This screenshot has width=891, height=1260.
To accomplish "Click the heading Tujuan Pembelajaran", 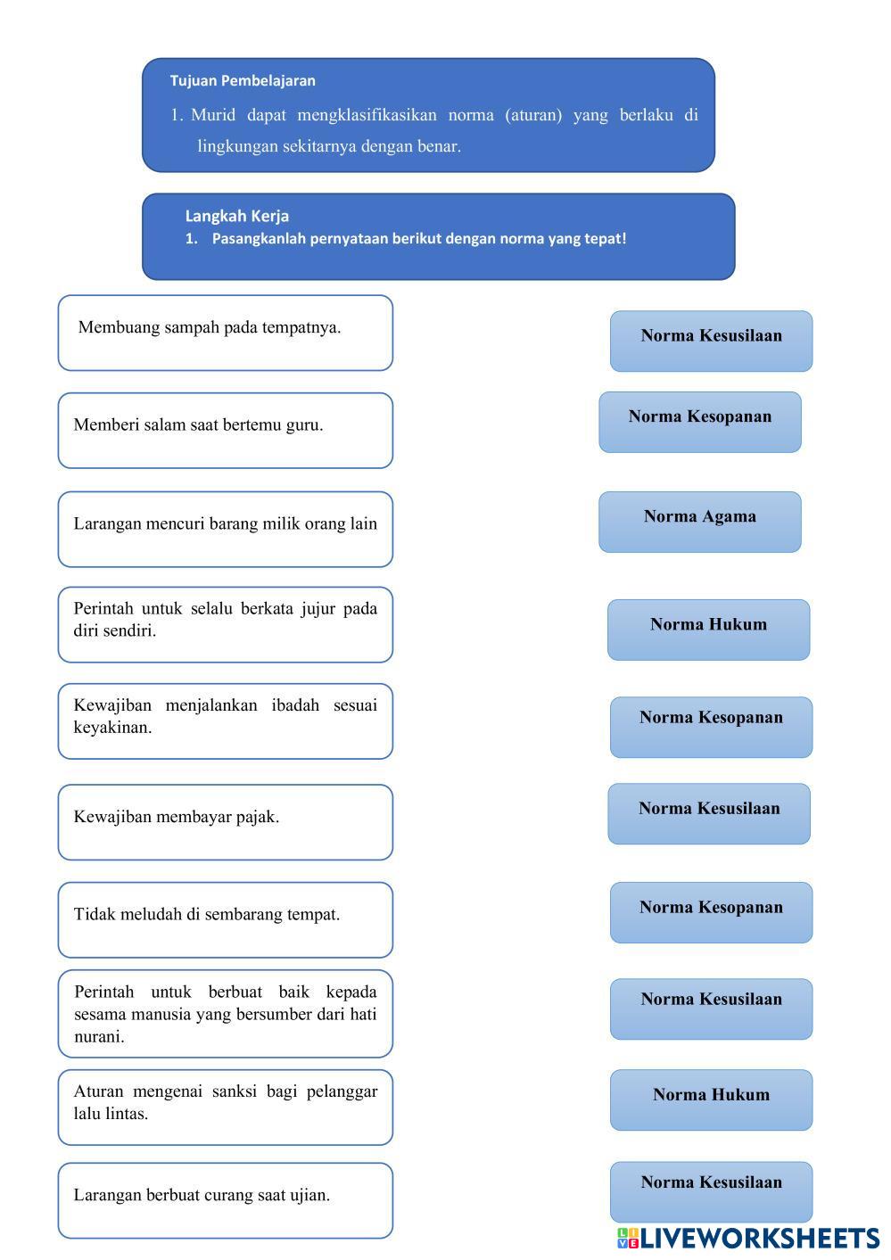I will tap(243, 80).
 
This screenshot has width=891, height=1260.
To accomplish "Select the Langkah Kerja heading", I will tap(236, 216).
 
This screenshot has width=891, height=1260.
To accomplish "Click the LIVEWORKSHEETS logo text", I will tap(758, 1238).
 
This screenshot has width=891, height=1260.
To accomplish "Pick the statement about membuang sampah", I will tap(210, 327).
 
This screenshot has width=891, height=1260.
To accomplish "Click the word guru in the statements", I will tap(304, 425).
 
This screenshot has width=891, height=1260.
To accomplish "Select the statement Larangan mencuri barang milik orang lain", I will tap(225, 524).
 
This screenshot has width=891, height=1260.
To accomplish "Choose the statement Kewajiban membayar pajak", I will tap(177, 817).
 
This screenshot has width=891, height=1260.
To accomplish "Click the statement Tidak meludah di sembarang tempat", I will tap(207, 915).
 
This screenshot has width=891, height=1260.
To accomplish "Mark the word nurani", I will tap(99, 1037).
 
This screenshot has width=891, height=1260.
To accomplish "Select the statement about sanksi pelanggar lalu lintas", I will tap(225, 1102).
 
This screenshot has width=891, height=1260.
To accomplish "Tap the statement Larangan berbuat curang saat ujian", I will tap(202, 1196).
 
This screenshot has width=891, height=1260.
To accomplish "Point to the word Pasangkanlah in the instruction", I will tap(259, 239).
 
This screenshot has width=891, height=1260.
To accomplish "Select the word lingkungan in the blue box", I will tap(237, 146).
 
